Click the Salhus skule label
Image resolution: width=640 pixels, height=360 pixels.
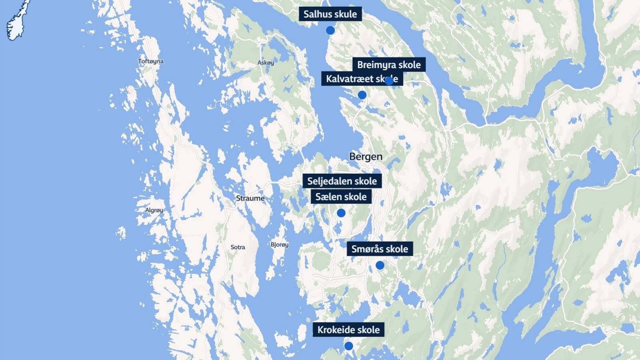pos(330,14)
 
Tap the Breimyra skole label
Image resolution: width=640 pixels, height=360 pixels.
pos(389,65)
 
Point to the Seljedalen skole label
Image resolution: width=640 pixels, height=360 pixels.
pos(342,181)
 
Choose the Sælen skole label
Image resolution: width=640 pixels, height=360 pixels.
pos(341,197)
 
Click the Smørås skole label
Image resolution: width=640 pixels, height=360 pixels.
pos(380,249)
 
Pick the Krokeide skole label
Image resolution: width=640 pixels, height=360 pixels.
pos(348,330)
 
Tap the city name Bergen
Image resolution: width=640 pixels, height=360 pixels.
pos(366,156)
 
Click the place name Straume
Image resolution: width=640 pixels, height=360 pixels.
pos(250,198)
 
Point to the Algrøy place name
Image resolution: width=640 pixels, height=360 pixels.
pos(154,210)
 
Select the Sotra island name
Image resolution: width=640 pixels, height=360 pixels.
pos(238,247)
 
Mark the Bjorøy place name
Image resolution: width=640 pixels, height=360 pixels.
pos(279,244)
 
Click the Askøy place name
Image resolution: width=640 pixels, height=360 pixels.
pos(266,63)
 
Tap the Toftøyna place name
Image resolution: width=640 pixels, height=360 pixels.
pos(150,61)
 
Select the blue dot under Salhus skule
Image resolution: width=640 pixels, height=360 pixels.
pos(330,30)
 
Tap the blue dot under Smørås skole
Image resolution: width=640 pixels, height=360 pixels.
pos(380,265)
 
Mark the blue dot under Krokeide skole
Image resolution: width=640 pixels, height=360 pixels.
pos(348,346)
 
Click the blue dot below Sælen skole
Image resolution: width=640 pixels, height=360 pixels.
pos(341,213)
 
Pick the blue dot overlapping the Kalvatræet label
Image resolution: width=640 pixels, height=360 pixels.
pos(389,80)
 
